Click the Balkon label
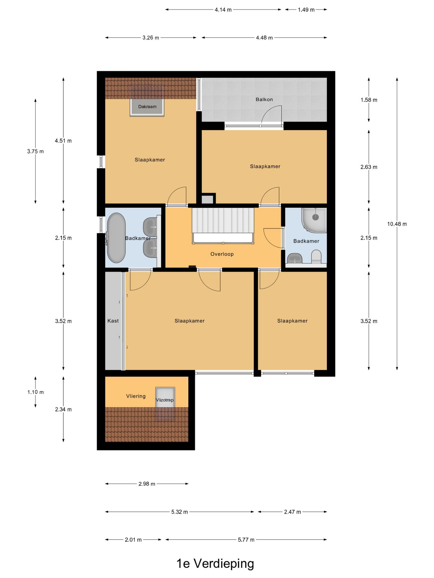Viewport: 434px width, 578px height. pyautogui.click(x=264, y=99)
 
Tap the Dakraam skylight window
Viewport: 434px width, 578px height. pyautogui.click(x=147, y=101)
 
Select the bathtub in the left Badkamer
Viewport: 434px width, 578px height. pyautogui.click(x=116, y=238)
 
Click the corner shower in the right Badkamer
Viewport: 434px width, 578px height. pyautogui.click(x=314, y=220)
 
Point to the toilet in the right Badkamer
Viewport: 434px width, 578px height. pyautogui.click(x=316, y=257)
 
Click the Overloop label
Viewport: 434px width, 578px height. pyautogui.click(x=222, y=254)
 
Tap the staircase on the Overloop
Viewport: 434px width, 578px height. pyautogui.click(x=223, y=225)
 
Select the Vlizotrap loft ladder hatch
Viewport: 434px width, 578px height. pyautogui.click(x=165, y=404)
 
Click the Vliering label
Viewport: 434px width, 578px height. pyautogui.click(x=136, y=396)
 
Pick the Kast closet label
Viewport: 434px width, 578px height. pyautogui.click(x=113, y=321)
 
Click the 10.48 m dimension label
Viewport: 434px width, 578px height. pyautogui.click(x=397, y=224)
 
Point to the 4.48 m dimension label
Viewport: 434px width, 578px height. pyautogui.click(x=264, y=38)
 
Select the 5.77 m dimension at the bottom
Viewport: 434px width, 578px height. pyautogui.click(x=246, y=540)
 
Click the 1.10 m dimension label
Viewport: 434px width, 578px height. pyautogui.click(x=36, y=392)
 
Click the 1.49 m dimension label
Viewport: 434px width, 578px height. pyautogui.click(x=306, y=10)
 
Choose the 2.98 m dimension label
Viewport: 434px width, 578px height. pyautogui.click(x=147, y=484)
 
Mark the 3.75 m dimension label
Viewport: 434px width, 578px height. pyautogui.click(x=36, y=151)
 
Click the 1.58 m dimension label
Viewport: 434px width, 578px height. pyautogui.click(x=369, y=100)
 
